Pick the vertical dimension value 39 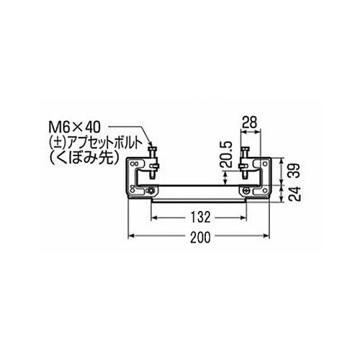point(294,171)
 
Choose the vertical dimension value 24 point(294,192)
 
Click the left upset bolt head point(154,148)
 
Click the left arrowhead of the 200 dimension point(131,235)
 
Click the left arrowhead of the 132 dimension point(154,214)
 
